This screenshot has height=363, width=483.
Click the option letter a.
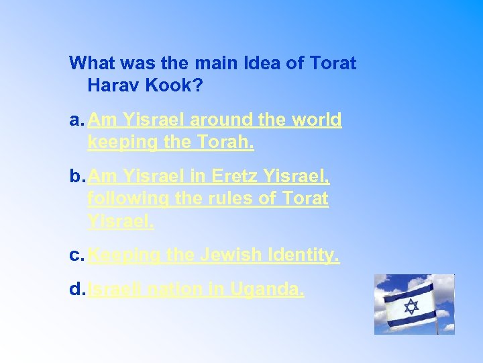point(76,120)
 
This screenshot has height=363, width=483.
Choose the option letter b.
point(76,177)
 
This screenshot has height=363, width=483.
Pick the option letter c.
point(76,255)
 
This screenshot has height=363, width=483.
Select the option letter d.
point(76,290)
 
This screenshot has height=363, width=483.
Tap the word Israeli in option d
point(115,290)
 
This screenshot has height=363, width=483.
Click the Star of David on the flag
point(411,306)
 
